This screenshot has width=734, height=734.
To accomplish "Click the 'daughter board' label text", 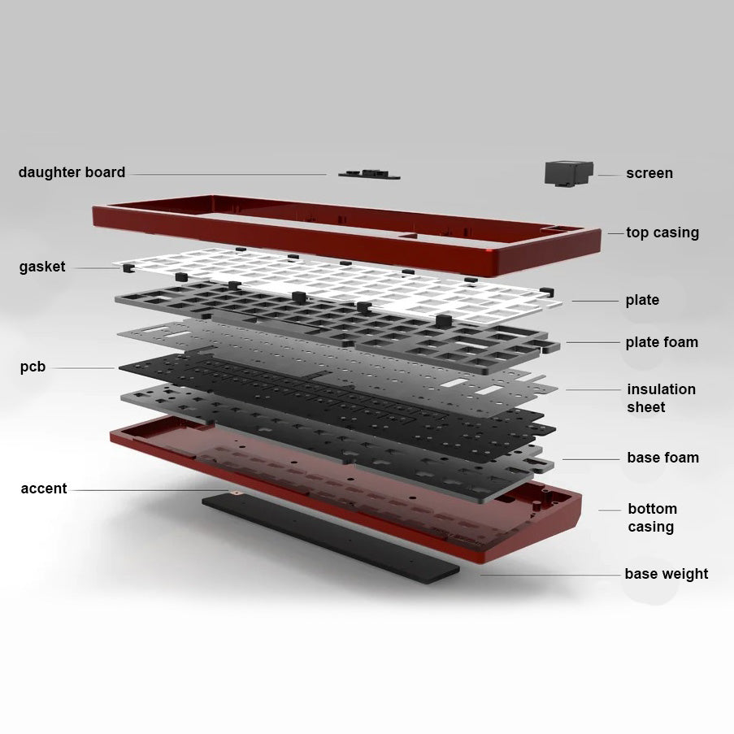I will (72, 172).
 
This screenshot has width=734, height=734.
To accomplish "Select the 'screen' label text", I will (649, 173).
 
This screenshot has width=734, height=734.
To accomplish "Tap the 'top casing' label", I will (662, 232).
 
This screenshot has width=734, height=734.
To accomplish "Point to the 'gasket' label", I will (42, 267).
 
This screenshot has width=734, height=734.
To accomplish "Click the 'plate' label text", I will (642, 300).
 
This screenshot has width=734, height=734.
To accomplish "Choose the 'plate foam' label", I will (662, 342).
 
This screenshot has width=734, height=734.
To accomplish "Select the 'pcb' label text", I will (33, 367).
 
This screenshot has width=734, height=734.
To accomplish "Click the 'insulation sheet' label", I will (661, 398).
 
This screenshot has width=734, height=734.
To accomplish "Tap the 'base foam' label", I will (662, 458).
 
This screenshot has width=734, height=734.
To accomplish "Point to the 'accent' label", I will (44, 489).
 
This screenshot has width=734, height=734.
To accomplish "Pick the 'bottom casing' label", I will (652, 518).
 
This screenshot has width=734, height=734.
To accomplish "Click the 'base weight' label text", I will (666, 574).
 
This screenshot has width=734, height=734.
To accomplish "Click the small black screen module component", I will (569, 173).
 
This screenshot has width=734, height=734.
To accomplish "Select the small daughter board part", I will (369, 174).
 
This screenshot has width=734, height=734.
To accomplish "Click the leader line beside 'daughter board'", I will (228, 174).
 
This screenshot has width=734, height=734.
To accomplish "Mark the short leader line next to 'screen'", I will (608, 175).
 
